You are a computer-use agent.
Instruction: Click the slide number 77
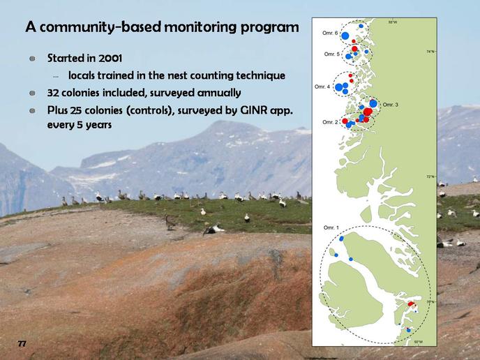[22, 343]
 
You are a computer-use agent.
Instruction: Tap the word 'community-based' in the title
[100, 27]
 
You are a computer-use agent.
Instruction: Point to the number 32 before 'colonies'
[53, 93]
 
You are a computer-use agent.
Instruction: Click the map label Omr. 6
[330, 33]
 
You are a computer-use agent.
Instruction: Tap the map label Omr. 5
[332, 54]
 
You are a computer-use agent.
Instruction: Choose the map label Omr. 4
[322, 87]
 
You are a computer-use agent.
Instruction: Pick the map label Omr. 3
[391, 105]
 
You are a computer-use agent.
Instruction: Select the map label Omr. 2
[330, 122]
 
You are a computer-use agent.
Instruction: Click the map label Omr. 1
[331, 227]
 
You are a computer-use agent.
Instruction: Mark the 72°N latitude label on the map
[430, 177]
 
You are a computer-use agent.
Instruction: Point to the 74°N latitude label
[430, 52]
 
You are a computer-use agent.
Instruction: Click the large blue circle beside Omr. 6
[345, 36]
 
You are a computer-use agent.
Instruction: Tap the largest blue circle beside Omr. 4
[339, 87]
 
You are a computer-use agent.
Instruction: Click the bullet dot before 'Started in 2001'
[33, 59]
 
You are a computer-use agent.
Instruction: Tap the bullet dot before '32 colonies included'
[33, 93]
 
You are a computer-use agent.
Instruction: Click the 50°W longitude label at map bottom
[418, 342]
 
